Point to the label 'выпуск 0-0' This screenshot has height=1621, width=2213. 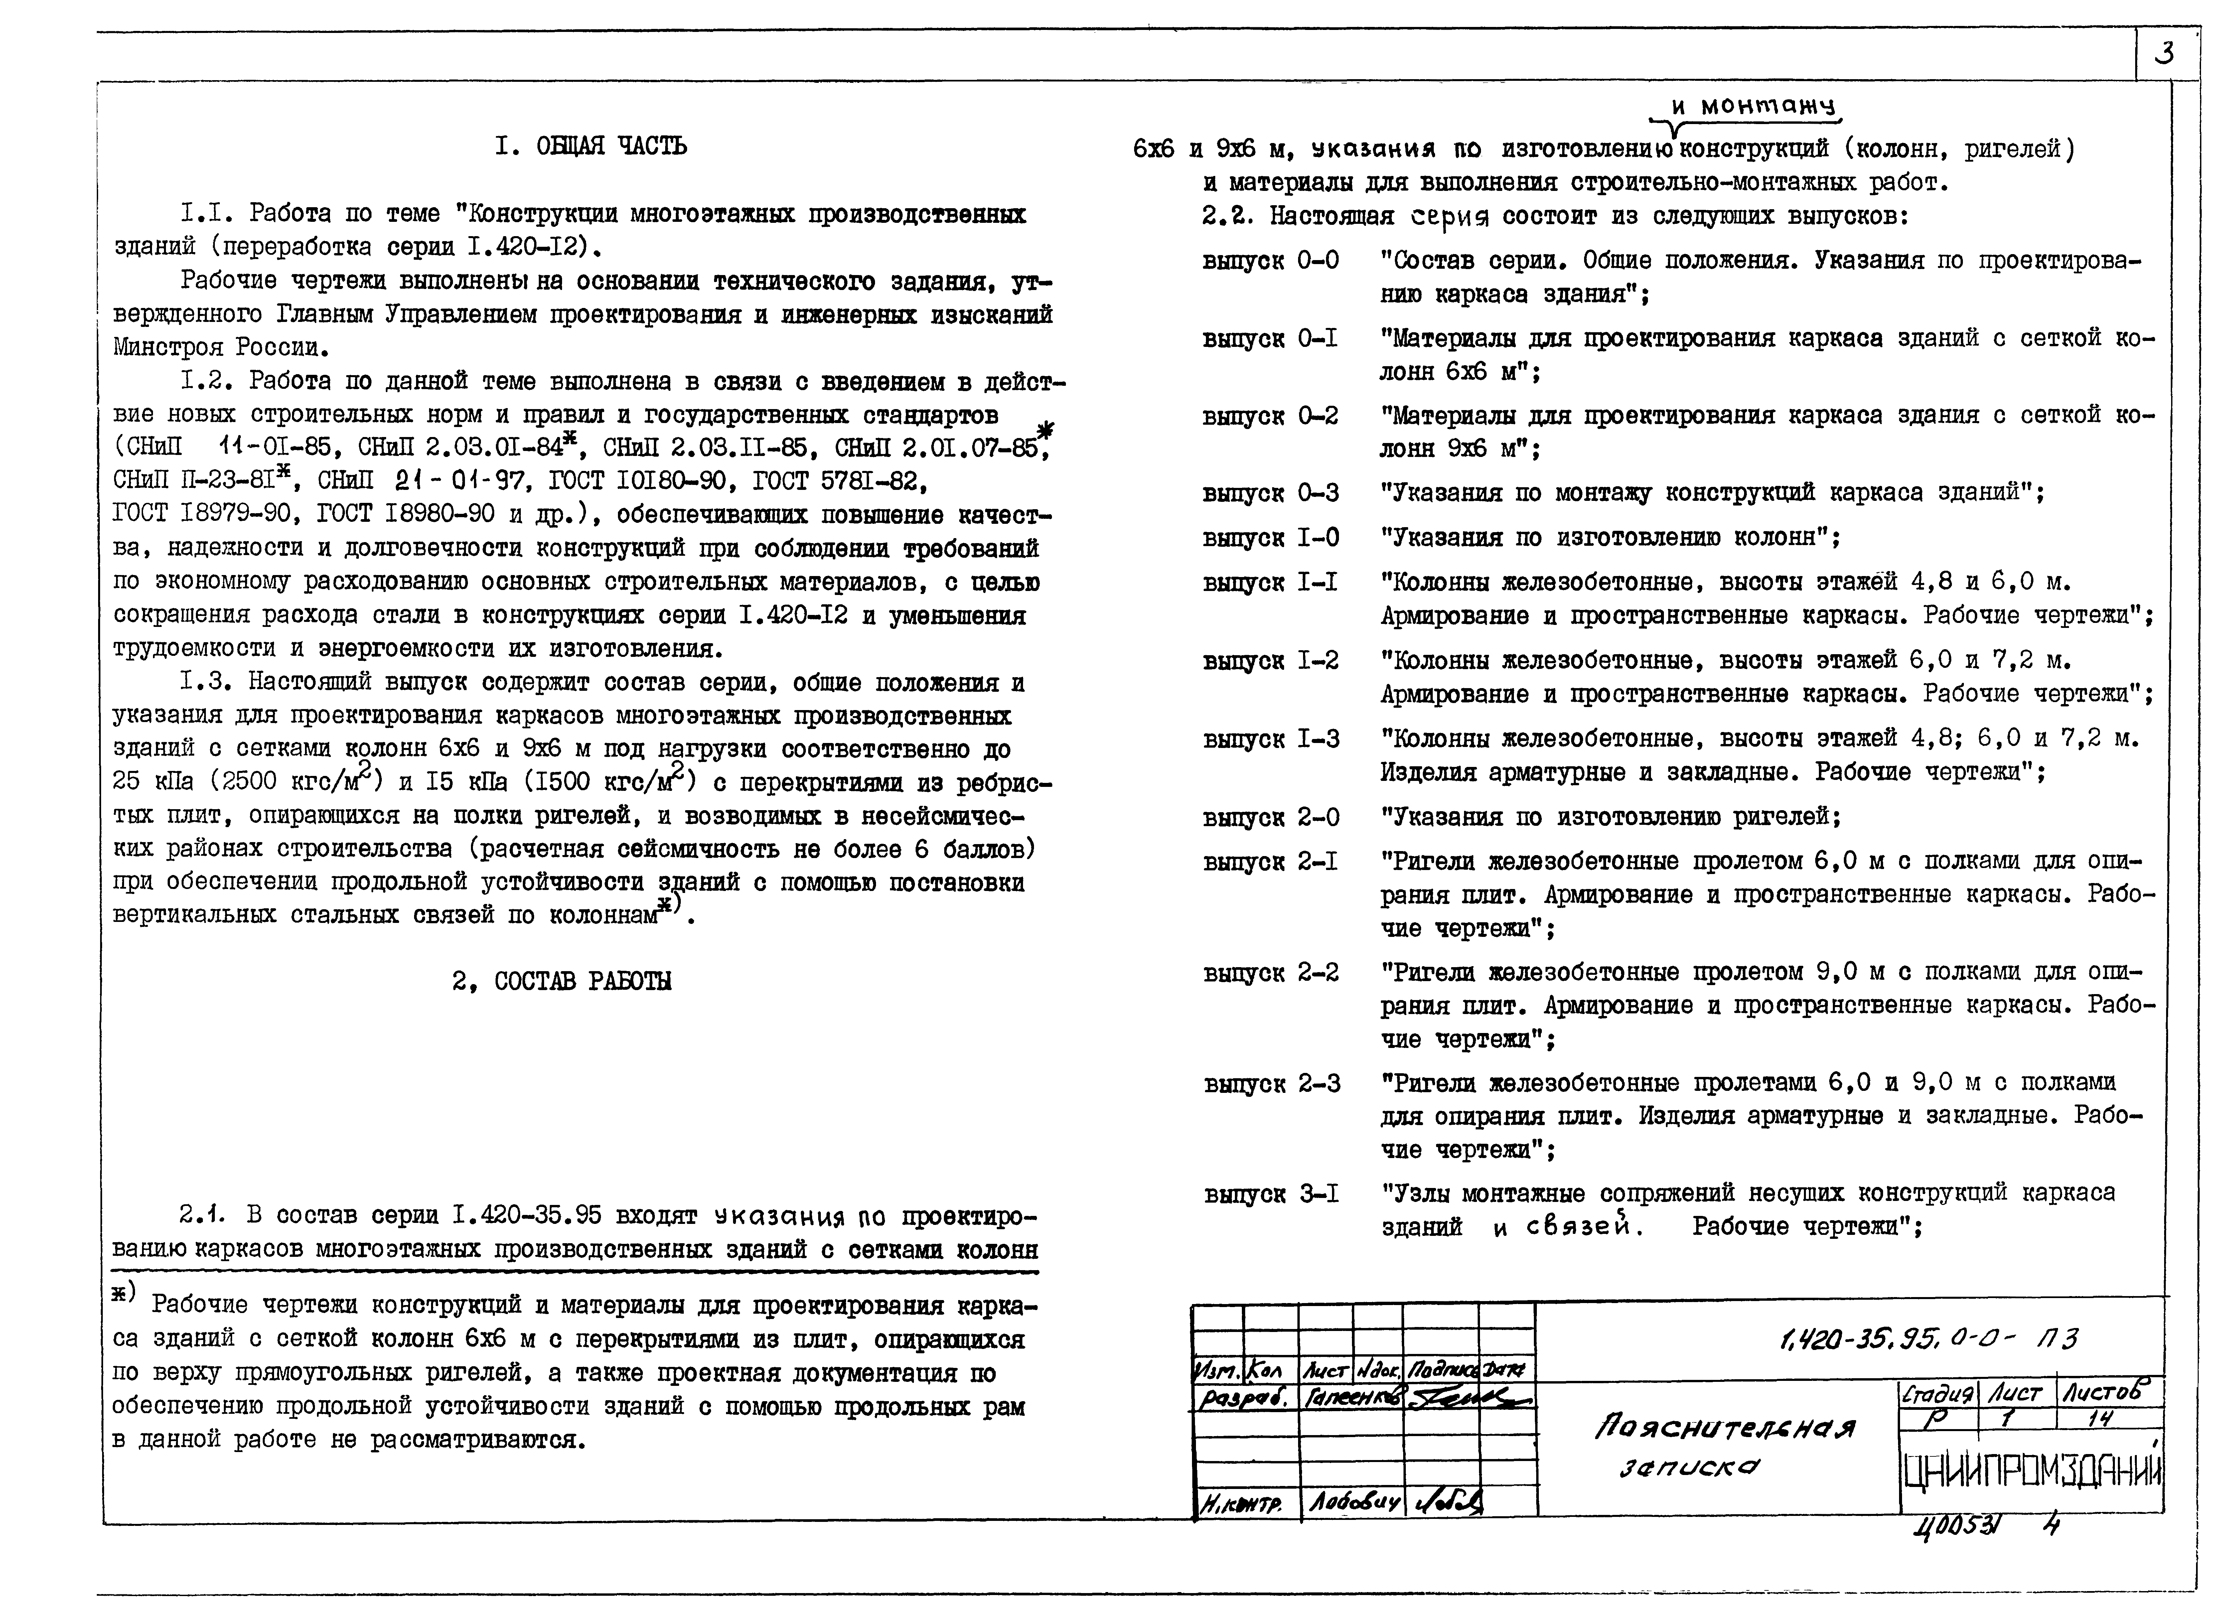click(1270, 261)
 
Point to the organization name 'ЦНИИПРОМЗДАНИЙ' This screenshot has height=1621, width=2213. click(2031, 1472)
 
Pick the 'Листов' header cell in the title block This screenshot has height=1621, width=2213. click(2108, 1392)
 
